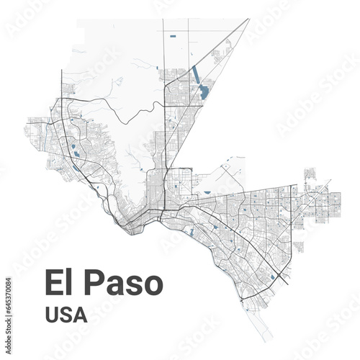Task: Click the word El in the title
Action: point(58,283)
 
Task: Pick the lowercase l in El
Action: point(68,283)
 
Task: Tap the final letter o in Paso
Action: point(152,285)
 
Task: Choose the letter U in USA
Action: point(52,315)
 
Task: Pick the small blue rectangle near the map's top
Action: point(172,35)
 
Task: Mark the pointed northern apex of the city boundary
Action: point(248,19)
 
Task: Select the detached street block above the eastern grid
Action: point(310,174)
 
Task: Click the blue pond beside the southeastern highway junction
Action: point(271,277)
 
